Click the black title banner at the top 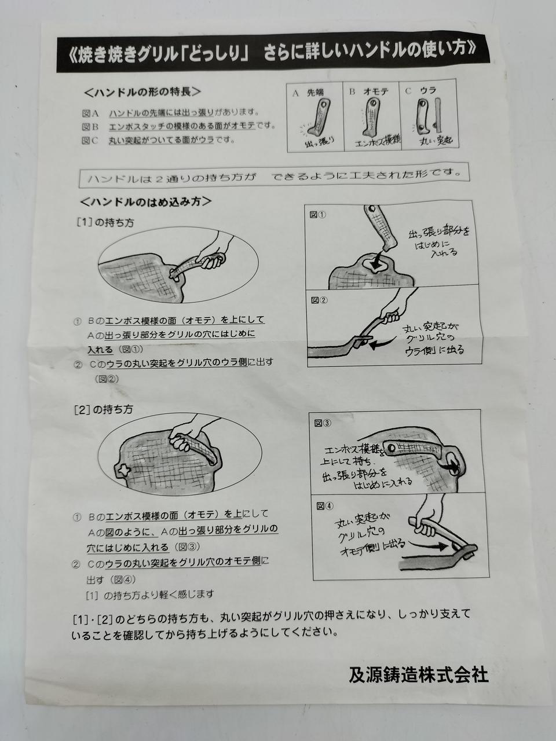click(x=273, y=53)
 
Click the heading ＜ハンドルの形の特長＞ click(x=142, y=93)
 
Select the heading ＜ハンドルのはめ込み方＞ click(x=146, y=202)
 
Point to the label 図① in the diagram click(x=317, y=215)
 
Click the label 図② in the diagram click(x=319, y=300)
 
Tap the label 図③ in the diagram click(x=323, y=423)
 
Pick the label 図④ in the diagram click(x=325, y=506)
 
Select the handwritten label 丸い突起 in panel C click(x=436, y=140)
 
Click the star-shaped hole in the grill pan click(x=123, y=471)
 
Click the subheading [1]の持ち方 click(x=105, y=223)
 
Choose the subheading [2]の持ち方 click(x=104, y=409)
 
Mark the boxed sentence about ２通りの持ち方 click(x=274, y=175)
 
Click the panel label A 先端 click(x=308, y=93)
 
